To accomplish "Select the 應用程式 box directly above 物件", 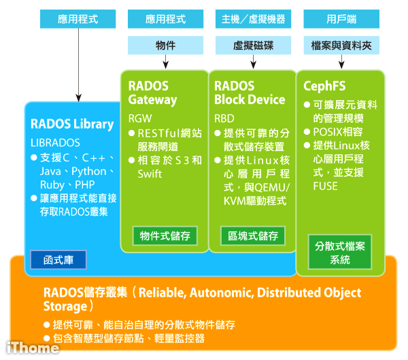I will pyautogui.click(x=165, y=19).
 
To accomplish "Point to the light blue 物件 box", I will pyautogui.click(x=165, y=46).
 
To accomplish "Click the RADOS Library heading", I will pyautogui.click(x=72, y=124).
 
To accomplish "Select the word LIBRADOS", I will pyautogui.click(x=55, y=143).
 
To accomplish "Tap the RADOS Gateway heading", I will pyautogui.click(x=152, y=93).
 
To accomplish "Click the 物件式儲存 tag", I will pyautogui.click(x=165, y=236).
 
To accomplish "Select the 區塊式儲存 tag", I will pyautogui.click(x=252, y=236).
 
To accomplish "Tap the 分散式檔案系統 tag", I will pyautogui.click(x=340, y=252).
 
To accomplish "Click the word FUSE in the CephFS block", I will pyautogui.click(x=325, y=185).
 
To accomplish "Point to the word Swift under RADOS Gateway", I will pyautogui.click(x=150, y=174).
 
